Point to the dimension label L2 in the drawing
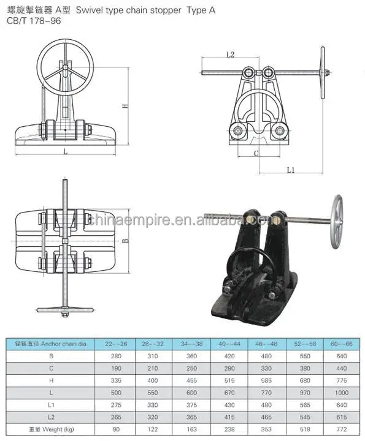[x=231, y=55]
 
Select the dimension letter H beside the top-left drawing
[x=125, y=105]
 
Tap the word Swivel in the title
[x=113, y=9]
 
